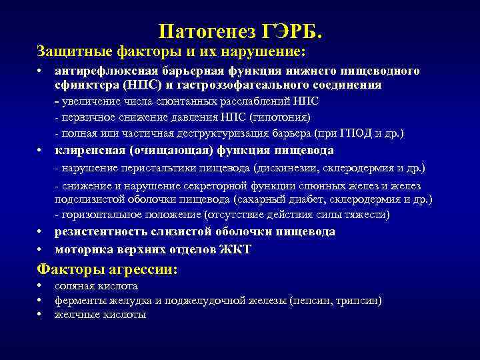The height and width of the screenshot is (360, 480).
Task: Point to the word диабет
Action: tap(311, 199)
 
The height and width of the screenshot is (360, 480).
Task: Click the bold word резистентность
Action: tap(97, 232)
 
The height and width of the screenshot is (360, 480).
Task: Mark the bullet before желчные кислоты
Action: tap(41, 315)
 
